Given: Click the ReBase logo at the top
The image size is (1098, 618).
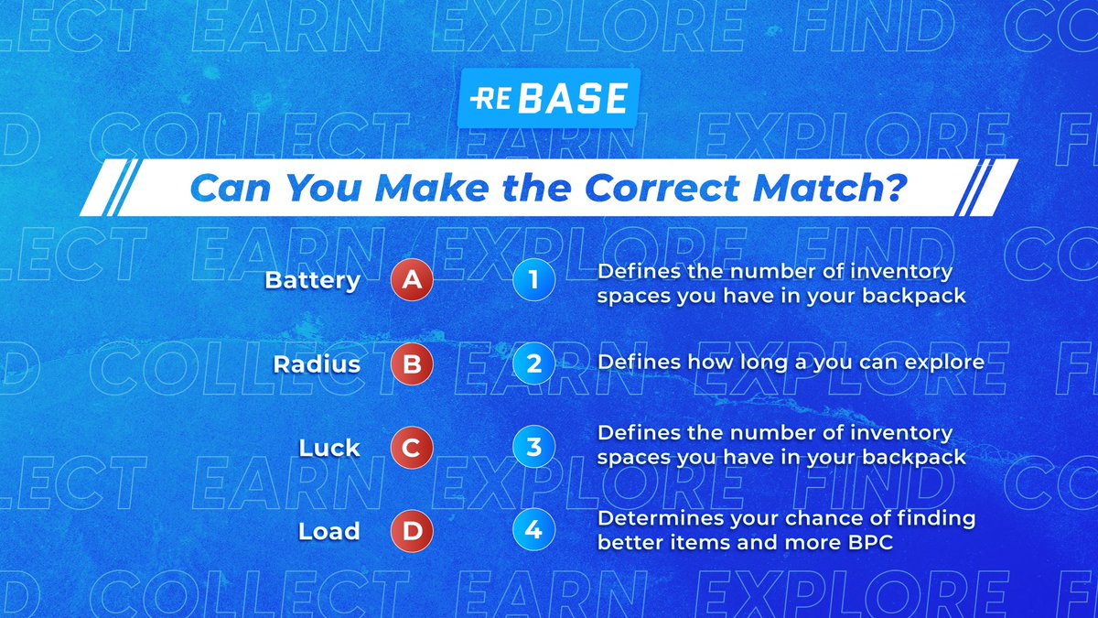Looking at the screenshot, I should tap(547, 98).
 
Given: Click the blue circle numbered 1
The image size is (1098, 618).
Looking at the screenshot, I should tap(534, 280).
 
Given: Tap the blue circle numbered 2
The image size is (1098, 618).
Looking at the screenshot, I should tap(534, 364).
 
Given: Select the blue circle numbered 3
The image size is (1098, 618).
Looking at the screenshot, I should tap(534, 448).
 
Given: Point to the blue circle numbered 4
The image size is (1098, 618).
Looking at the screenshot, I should tap(534, 531).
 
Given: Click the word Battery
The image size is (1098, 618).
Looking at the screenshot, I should tap(312, 280).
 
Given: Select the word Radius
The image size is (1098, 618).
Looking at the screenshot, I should tap(316, 364).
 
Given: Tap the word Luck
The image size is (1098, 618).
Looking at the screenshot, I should tap(329, 449).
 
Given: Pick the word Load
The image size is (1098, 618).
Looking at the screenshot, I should tap(329, 531).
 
